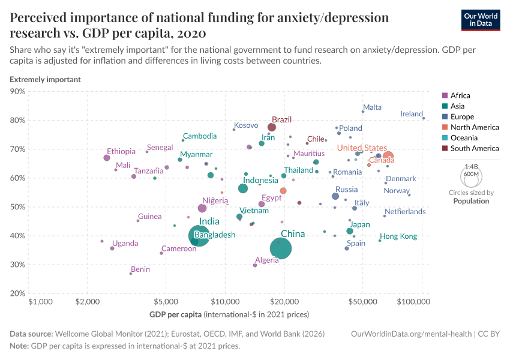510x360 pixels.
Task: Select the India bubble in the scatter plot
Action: pos(202,236)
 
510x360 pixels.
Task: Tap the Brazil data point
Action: pos(272,127)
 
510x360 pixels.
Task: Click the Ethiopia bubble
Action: pos(107,158)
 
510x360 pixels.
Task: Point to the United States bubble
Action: pos(388,157)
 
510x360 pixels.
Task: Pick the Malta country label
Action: pos(372,107)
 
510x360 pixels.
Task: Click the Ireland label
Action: pos(412,114)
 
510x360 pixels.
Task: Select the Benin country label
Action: pos(140,269)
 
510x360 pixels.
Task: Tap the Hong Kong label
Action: pos(398,236)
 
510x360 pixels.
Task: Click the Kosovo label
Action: pos(245,125)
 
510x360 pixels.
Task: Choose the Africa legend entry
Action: pos(460,95)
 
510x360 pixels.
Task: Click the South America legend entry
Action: pos(474,148)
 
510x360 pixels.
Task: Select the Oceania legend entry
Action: pos(464,137)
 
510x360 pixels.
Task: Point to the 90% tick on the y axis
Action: pos(17,92)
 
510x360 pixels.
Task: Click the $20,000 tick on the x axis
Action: pos(285,302)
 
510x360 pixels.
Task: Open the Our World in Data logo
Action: pos(481,20)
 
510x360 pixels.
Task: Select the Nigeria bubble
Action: pos(202,208)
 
